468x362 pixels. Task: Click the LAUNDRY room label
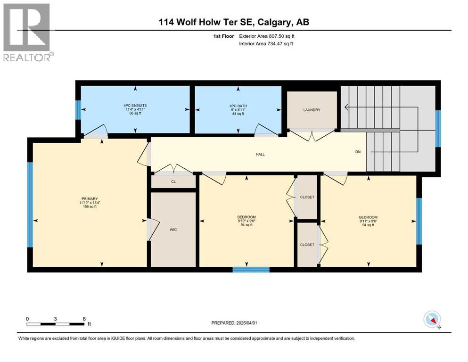coord(312,110)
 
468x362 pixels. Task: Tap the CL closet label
coord(173,181)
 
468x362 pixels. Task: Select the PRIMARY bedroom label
coord(89,198)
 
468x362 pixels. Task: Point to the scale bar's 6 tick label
coord(84,319)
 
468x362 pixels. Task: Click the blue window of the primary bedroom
coord(30,204)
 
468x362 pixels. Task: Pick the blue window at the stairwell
coord(438,129)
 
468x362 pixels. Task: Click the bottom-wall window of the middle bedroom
coord(251,270)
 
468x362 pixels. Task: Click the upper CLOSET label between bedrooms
coord(307,197)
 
